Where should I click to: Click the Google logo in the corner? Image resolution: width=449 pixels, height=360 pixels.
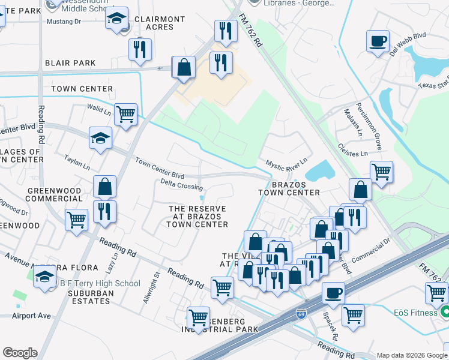[x=20, y=353]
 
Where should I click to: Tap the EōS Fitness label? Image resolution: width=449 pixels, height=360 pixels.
[x=414, y=313]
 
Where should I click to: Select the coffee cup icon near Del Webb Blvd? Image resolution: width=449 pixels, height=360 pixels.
[x=378, y=41]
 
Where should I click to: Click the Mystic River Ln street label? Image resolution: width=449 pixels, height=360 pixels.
[x=286, y=162]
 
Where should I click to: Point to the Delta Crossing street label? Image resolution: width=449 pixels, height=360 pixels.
[x=182, y=186]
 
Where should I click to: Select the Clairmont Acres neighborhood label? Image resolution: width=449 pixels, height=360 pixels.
[x=160, y=23]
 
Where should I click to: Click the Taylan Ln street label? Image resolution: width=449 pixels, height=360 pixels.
[x=78, y=163]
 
